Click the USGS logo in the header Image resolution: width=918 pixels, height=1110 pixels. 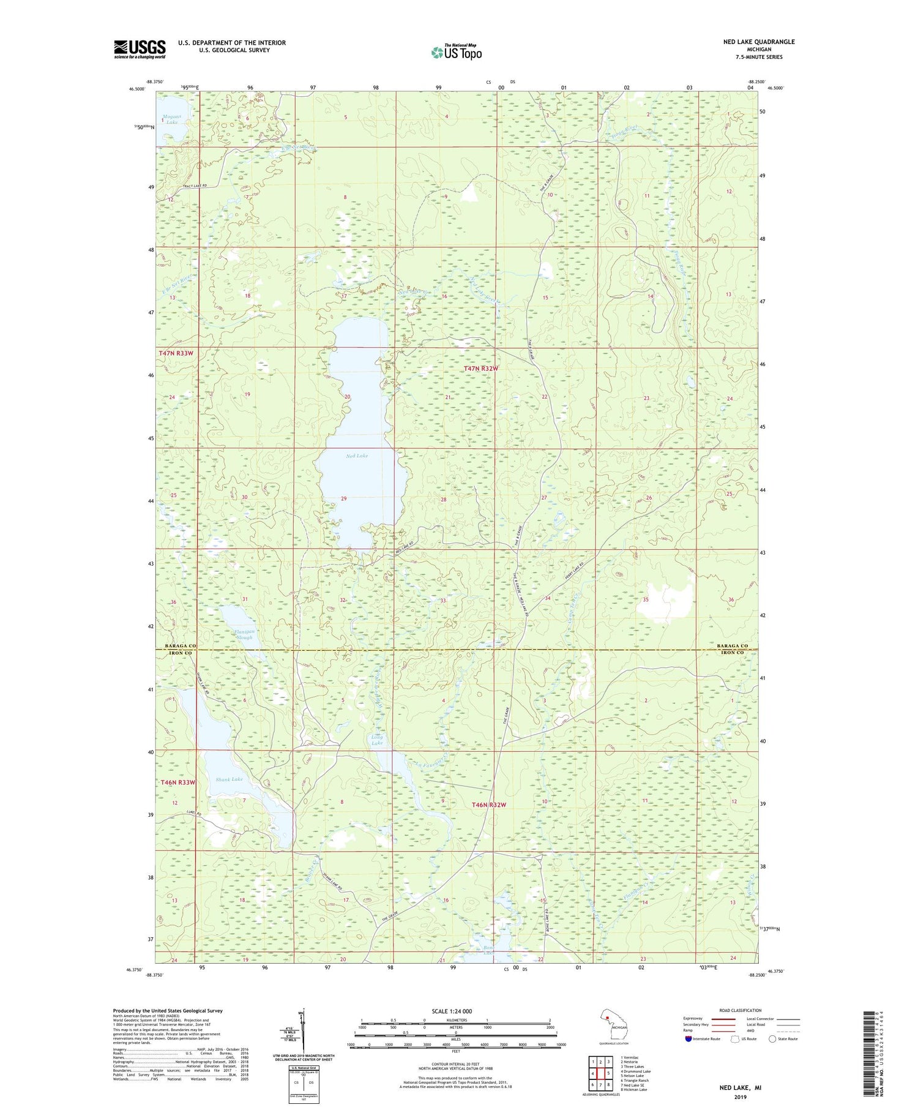coord(140,48)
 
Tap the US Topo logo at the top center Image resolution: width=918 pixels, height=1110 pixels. coord(456,53)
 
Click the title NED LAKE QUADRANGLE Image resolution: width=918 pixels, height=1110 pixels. coord(758,42)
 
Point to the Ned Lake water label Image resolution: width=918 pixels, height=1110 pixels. coord(357,456)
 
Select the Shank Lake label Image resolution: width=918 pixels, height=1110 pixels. coord(229,779)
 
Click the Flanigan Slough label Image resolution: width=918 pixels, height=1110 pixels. coord(243,634)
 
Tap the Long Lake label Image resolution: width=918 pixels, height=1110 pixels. coord(377,740)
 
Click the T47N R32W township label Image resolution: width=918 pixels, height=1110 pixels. coord(481,369)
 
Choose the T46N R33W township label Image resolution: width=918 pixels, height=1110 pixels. coord(177,782)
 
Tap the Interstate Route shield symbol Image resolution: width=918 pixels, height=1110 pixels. coord(688,1039)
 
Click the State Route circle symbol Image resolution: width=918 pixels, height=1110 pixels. coord(772,1039)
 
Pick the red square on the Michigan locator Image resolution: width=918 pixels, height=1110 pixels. coord(608,1019)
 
